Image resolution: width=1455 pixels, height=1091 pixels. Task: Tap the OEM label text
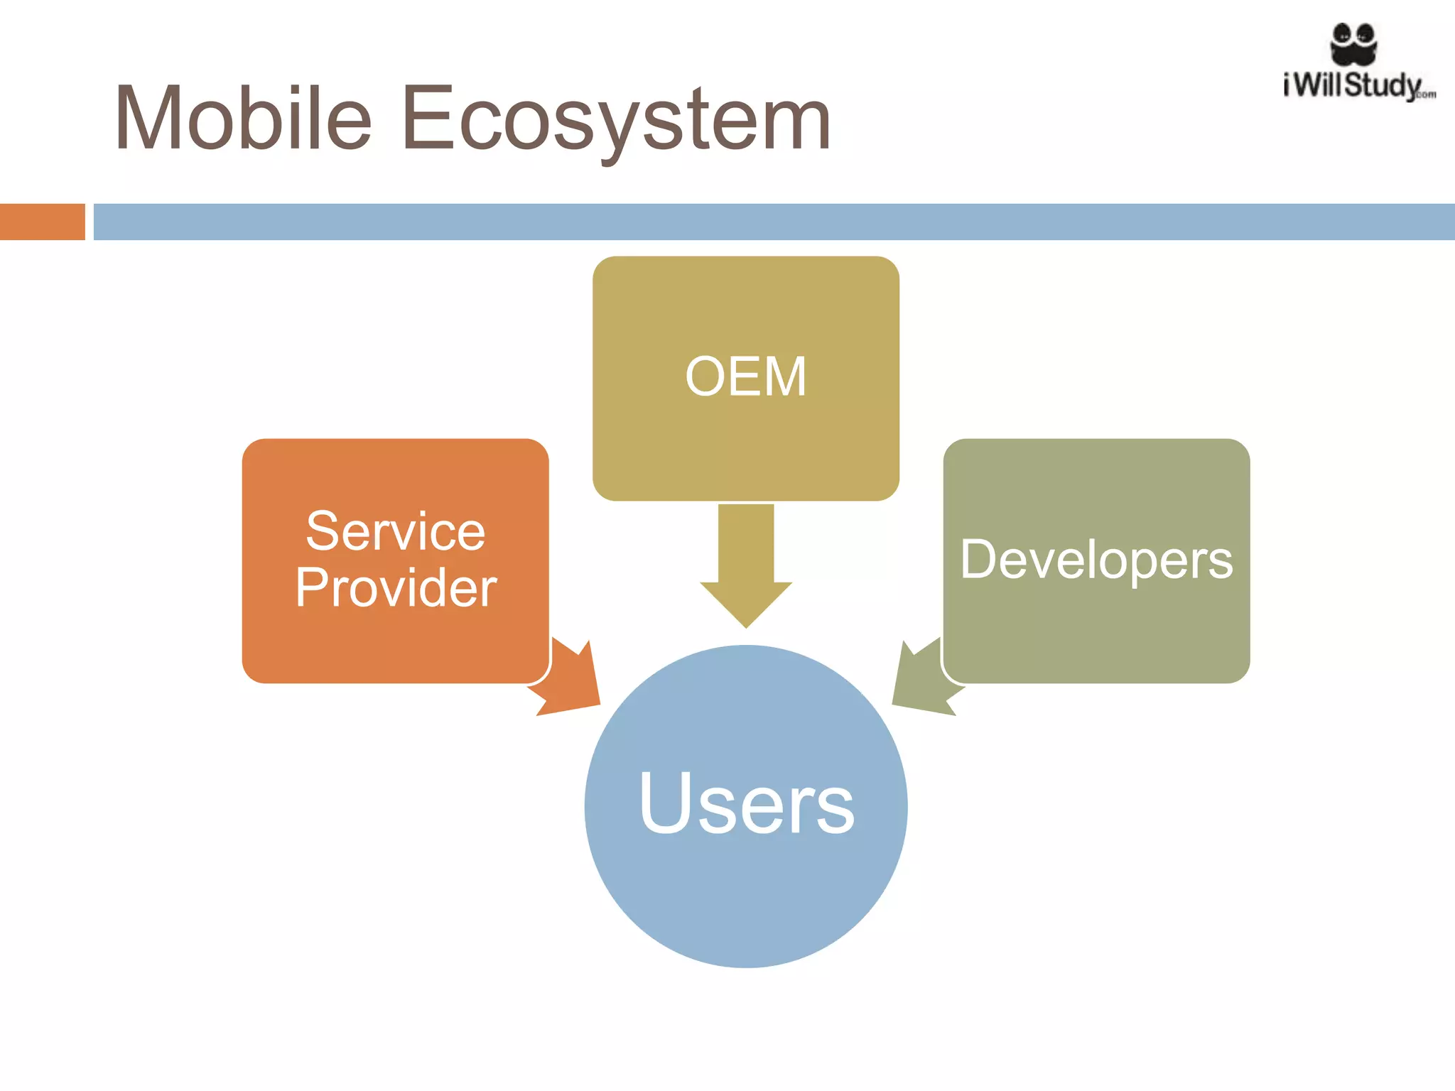(746, 376)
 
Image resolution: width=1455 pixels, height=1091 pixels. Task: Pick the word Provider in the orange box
(395, 587)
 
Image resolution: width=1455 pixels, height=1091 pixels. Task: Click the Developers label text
(1096, 560)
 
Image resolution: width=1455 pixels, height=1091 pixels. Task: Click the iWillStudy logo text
(1353, 85)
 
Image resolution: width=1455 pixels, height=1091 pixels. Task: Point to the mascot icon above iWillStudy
(1353, 43)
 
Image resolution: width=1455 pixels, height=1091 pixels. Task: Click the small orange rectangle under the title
(43, 222)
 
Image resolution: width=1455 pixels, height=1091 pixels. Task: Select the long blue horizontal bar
(774, 222)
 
